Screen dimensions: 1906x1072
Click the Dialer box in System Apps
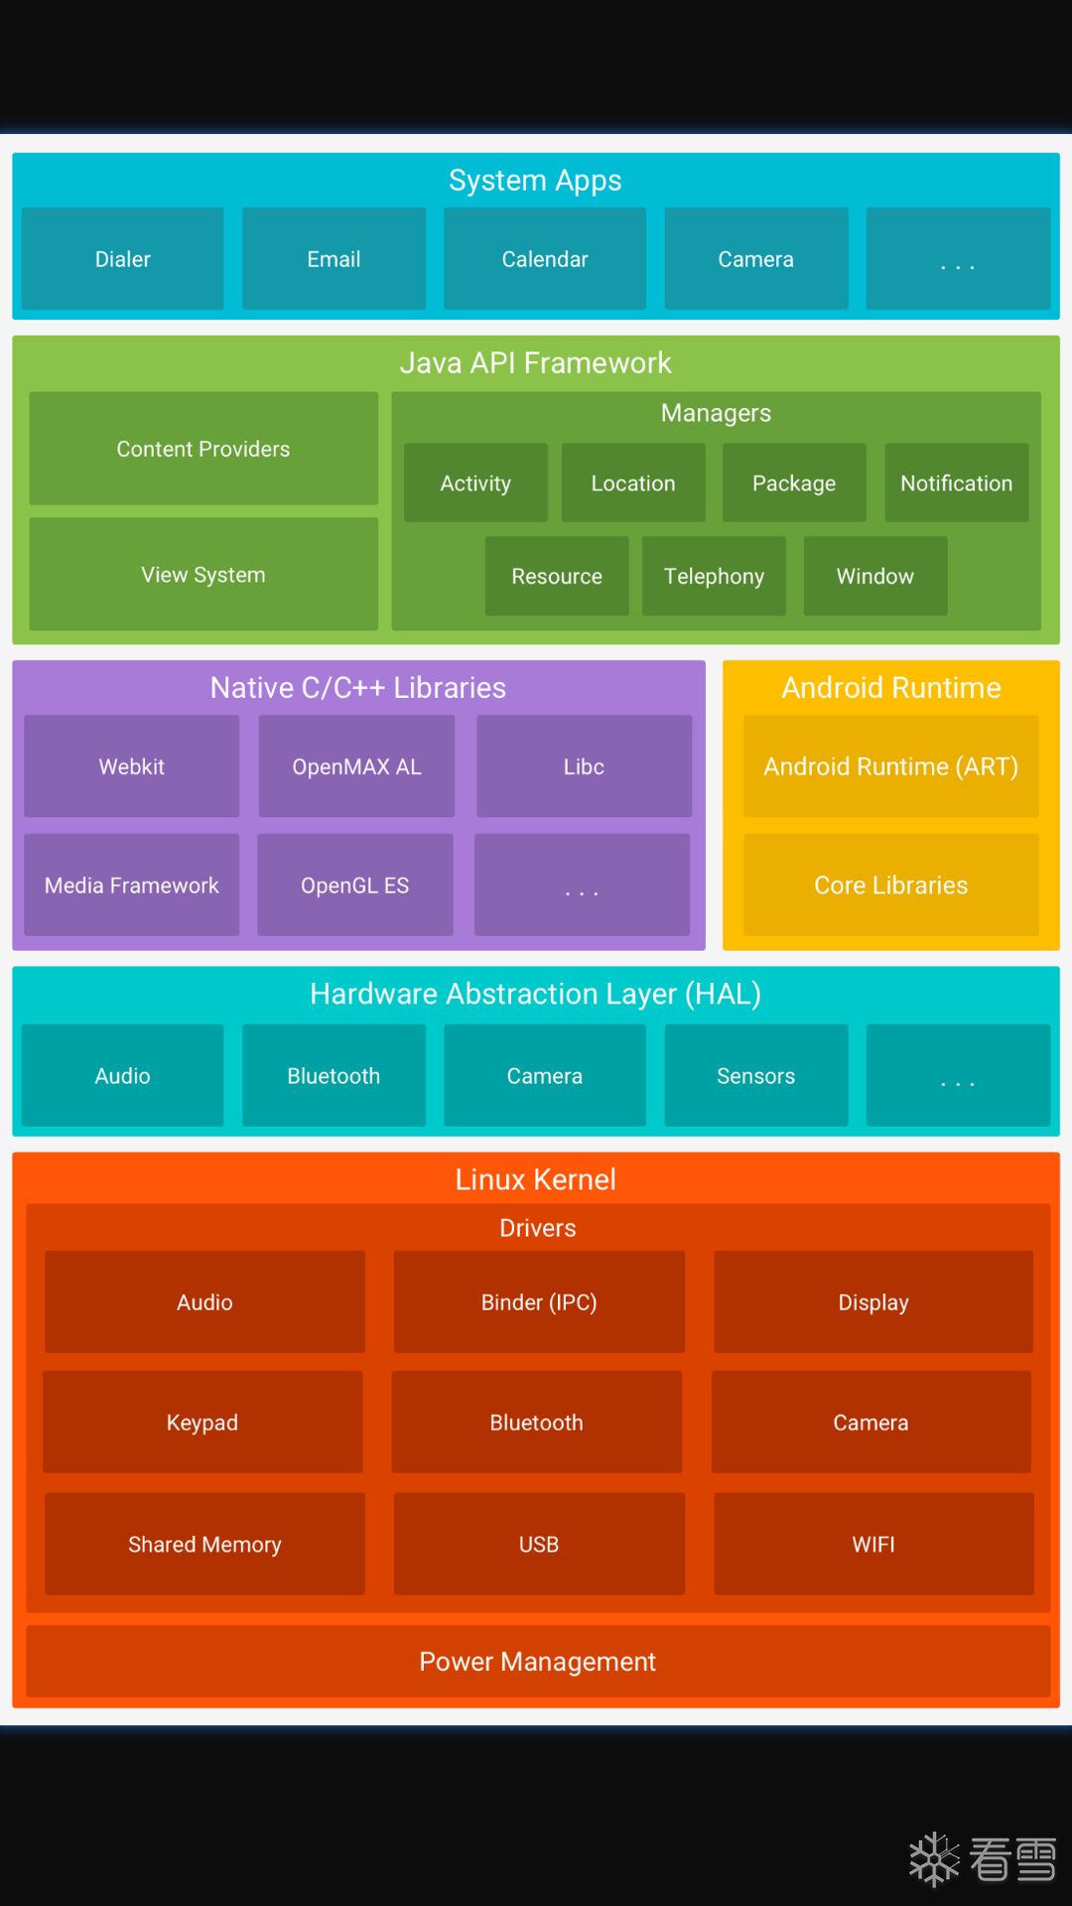pyautogui.click(x=122, y=259)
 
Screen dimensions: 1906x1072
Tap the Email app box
pyautogui.click(x=334, y=259)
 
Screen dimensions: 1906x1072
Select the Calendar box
pyautogui.click(x=545, y=259)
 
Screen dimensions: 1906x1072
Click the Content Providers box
pyautogui.click(x=203, y=449)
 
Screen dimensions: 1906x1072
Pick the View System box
pyautogui.click(x=203, y=575)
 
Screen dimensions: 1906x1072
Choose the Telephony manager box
pyautogui.click(x=714, y=577)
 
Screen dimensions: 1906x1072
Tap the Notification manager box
pyautogui.click(x=956, y=483)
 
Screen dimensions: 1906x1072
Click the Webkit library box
pyautogui.click(x=131, y=766)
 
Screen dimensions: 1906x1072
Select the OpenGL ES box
pyautogui.click(x=355, y=885)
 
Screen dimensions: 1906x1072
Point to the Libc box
pyautogui.click(x=584, y=766)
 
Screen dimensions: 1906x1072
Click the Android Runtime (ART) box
pyautogui.click(x=890, y=766)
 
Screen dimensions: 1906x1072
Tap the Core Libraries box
pyautogui.click(x=890, y=885)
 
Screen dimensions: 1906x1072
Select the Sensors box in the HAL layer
pyautogui.click(x=755, y=1076)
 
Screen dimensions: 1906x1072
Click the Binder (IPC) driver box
pyautogui.click(x=539, y=1302)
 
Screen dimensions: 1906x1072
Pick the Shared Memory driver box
pyautogui.click(x=204, y=1545)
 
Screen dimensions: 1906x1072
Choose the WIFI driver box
pyautogui.click(x=873, y=1545)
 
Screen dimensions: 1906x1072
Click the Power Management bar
pyautogui.click(x=537, y=1662)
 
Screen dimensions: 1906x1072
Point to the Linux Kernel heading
pyautogui.click(x=536, y=1179)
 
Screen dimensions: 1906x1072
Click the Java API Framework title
pyautogui.click(x=536, y=363)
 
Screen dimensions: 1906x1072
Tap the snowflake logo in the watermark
pyautogui.click(x=934, y=1859)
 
